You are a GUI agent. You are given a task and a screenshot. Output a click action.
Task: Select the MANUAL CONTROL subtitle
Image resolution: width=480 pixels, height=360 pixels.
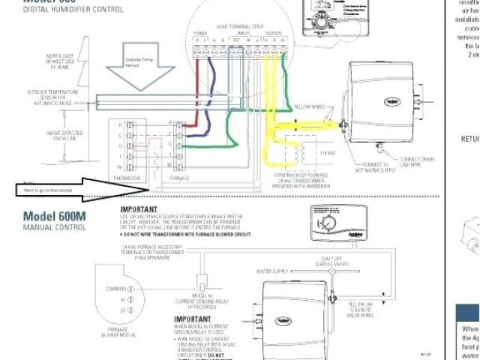point(52,230)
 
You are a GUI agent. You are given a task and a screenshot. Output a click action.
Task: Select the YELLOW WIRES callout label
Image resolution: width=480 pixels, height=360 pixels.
point(309,106)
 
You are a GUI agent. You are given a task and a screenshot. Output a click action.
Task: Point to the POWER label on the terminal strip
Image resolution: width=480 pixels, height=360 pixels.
point(200,33)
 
